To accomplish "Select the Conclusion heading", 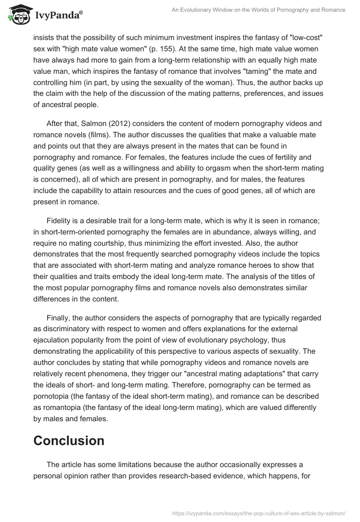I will (x=69, y=441).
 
